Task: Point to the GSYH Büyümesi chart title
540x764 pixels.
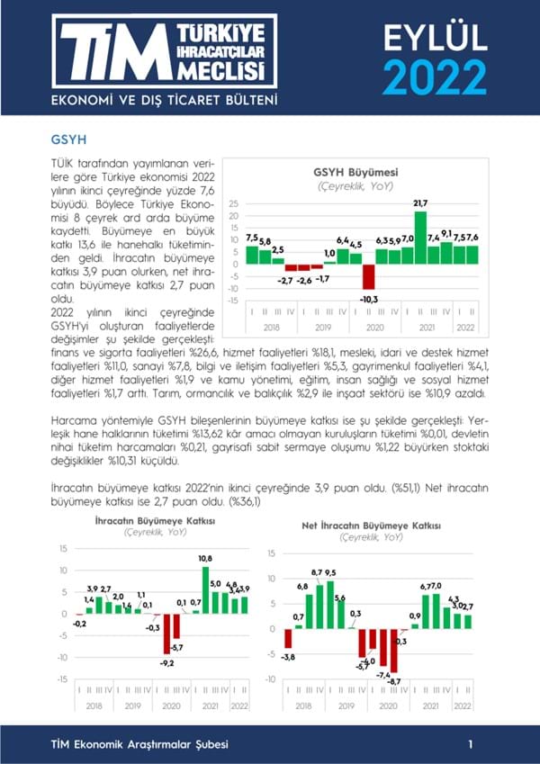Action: tap(355, 172)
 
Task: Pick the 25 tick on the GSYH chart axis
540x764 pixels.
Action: tap(234, 203)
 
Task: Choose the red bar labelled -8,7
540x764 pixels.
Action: tap(394, 653)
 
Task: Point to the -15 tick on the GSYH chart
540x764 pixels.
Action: tap(234, 301)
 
